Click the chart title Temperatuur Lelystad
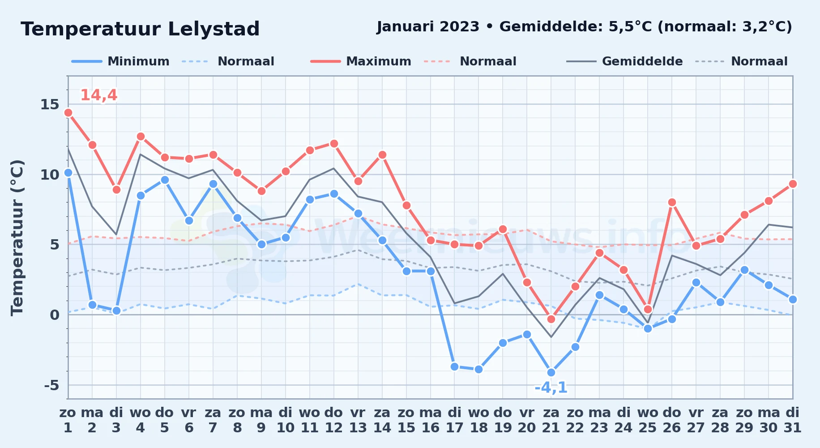tap(140, 29)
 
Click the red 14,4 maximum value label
tap(99, 95)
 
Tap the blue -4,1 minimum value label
tap(551, 388)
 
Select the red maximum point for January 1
tap(68, 113)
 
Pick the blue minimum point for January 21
tap(551, 372)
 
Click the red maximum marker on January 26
tap(672, 202)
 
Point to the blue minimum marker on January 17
tap(455, 366)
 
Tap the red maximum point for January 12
tap(334, 144)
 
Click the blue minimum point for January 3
tap(116, 310)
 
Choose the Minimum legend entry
tap(120, 61)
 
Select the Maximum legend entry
tap(361, 61)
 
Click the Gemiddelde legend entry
tap(625, 61)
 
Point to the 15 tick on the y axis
tap(50, 104)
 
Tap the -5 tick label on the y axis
tap(51, 385)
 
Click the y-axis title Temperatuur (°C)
tap(17, 237)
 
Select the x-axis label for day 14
tap(382, 420)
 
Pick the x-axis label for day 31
tap(792, 420)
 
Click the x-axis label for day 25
tap(648, 420)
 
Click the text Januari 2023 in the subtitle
tap(428, 27)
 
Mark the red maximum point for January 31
tap(793, 184)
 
